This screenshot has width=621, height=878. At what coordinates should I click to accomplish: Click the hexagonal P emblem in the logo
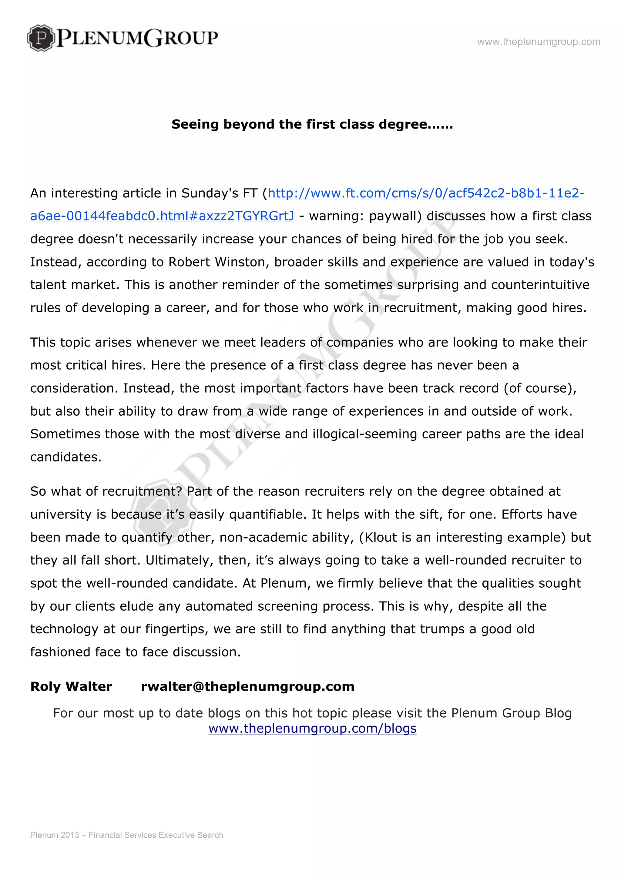[x=41, y=38]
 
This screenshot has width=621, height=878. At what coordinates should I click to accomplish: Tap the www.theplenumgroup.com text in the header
[x=539, y=42]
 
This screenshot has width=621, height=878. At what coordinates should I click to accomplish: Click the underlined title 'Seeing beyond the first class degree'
[x=312, y=124]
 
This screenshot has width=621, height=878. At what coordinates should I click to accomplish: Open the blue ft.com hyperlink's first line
[x=426, y=193]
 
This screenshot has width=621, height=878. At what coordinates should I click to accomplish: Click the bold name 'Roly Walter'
[x=71, y=686]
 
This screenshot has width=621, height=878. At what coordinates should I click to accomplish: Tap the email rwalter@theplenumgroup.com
[x=248, y=686]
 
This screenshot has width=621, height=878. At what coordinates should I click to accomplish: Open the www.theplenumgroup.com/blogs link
[x=312, y=729]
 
